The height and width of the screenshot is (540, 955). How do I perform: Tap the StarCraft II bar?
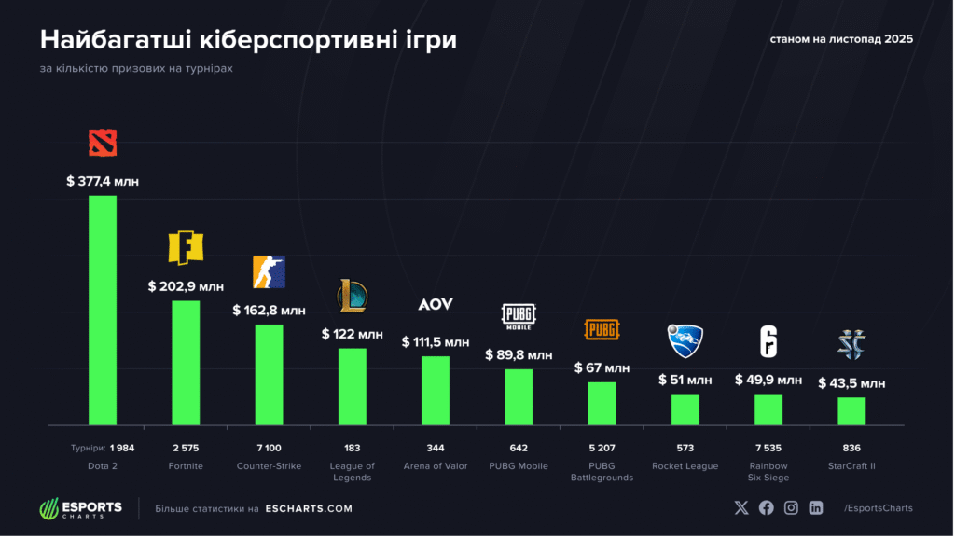point(851,410)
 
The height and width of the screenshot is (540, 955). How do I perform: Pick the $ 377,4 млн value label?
point(103,181)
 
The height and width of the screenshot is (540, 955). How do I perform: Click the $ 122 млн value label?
point(352,334)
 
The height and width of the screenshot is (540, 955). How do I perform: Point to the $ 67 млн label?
point(602,367)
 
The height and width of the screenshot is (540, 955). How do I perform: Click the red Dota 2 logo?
point(103,143)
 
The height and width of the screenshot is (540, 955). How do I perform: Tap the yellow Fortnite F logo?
point(186,247)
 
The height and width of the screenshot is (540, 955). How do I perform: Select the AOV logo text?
point(435,305)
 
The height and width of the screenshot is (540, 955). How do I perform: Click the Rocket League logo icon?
point(685,340)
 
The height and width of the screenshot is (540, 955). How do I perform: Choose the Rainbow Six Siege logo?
point(768,341)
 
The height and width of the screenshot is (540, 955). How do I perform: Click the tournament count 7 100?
point(269,448)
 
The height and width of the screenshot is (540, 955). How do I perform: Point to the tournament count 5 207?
point(602,448)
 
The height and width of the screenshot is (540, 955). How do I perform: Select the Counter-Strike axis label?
point(269,465)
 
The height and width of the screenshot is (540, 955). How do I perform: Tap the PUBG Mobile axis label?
point(519,465)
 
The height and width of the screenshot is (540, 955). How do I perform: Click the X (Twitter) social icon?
point(741,507)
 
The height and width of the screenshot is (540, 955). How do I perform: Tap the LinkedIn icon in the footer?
point(816,507)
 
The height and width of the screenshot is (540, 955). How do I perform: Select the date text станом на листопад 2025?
point(841,39)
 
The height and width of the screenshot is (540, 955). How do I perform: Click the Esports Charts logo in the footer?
point(80,509)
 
